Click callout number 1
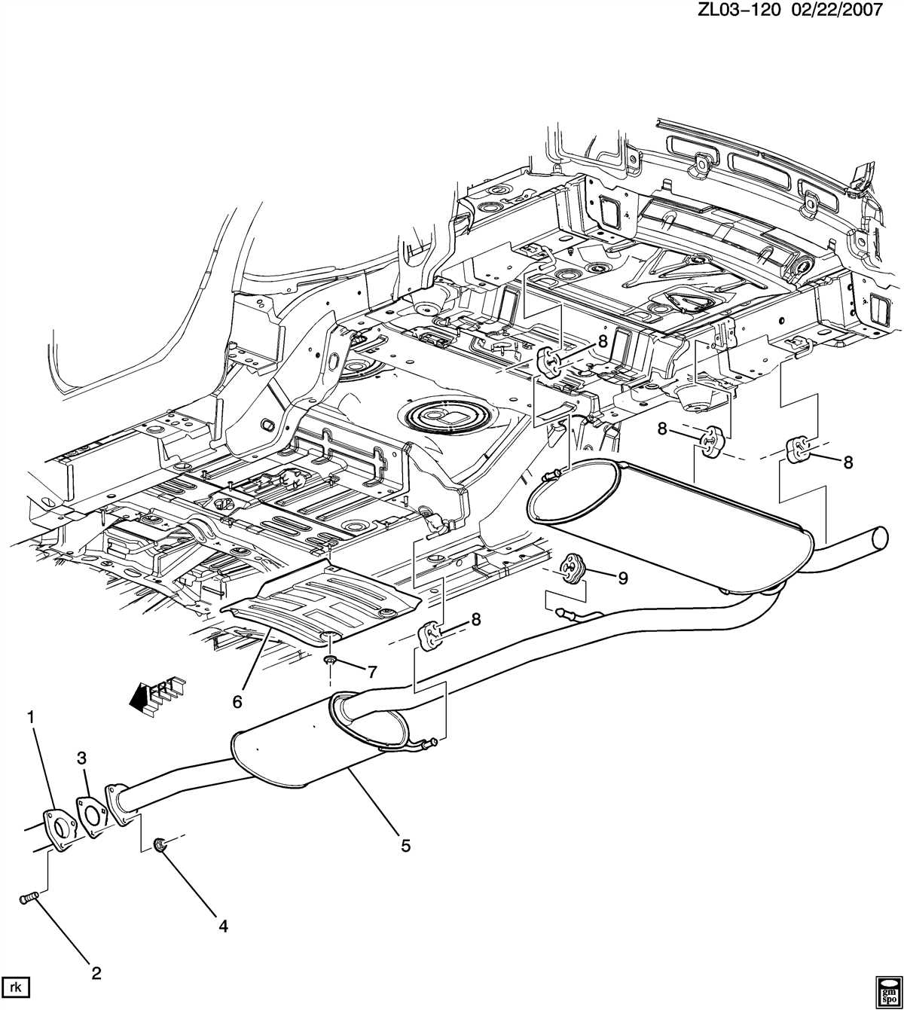point(31,719)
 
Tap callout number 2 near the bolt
point(96,974)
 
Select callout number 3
point(83,758)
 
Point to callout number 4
point(223,926)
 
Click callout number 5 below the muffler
point(405,846)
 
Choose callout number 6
point(237,701)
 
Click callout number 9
point(622,578)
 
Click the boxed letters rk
point(14,986)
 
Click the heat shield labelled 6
point(324,599)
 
